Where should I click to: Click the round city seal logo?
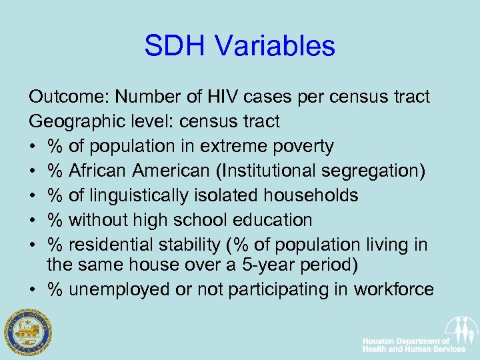28,331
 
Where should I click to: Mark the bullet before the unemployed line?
33,290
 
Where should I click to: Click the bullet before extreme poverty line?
33,147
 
